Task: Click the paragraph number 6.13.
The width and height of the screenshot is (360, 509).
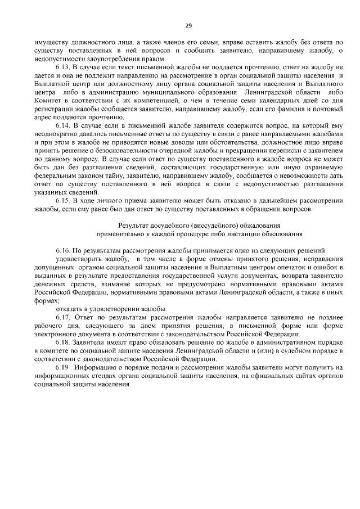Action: tap(63, 66)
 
